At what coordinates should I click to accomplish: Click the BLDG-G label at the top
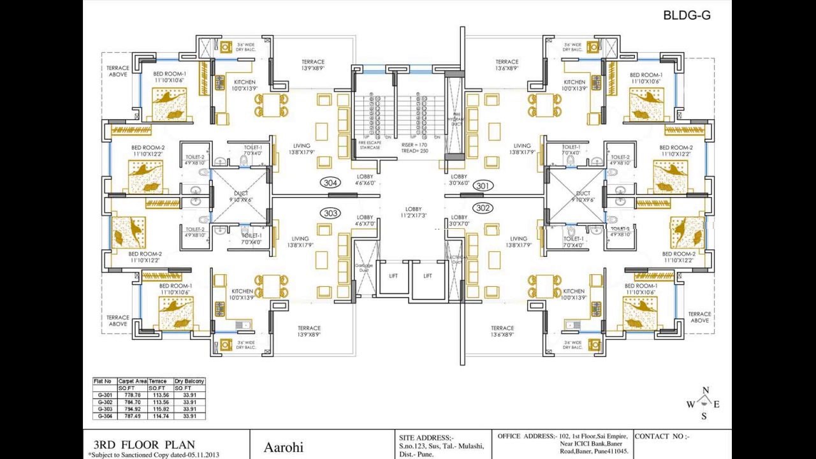pos(687,15)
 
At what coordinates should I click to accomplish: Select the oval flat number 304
pos(330,183)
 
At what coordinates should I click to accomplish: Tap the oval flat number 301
pos(483,186)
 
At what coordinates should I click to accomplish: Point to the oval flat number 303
pos(330,213)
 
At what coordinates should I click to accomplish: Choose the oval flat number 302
pos(483,208)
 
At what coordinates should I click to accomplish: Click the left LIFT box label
pos(393,276)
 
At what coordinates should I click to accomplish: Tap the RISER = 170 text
pos(414,145)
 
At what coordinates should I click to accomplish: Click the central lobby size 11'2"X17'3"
pos(414,213)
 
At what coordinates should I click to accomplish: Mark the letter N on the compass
pos(706,391)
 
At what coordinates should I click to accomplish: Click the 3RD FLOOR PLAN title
pos(144,444)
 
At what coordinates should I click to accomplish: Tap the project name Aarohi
pos(283,448)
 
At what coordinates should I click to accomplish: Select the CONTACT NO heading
pos(662,437)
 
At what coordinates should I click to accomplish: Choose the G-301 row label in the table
pos(105,395)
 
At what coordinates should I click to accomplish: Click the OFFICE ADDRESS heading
pos(527,436)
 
